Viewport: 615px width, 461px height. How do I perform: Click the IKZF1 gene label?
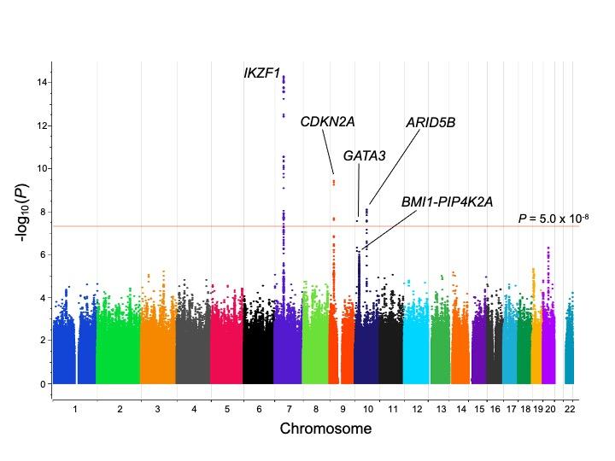coord(262,73)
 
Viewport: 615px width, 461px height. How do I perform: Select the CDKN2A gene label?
coord(327,122)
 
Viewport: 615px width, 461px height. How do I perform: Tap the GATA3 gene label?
coord(365,155)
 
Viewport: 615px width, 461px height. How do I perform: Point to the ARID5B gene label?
coord(430,123)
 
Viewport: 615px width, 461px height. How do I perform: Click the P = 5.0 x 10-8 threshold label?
coord(553,219)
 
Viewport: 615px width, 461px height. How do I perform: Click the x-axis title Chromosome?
coord(325,429)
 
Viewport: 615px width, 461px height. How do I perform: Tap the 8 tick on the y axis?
coord(42,212)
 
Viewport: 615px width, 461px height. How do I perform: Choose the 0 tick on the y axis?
coord(42,384)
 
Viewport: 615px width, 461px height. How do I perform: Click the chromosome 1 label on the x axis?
coord(75,410)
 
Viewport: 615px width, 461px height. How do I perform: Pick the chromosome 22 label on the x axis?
coord(570,410)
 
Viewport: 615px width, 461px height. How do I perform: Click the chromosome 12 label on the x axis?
coord(416,410)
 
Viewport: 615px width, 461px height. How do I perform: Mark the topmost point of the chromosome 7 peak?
coord(284,76)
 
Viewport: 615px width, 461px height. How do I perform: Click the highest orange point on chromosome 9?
coord(334,180)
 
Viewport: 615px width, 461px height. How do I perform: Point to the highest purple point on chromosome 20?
coord(548,248)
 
